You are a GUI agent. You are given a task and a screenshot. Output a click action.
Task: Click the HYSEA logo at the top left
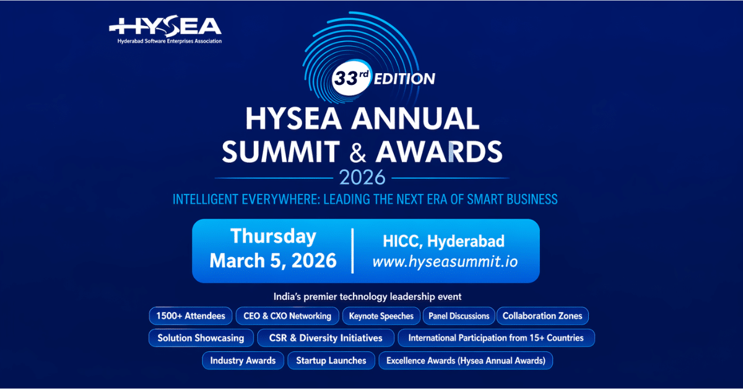click(x=165, y=29)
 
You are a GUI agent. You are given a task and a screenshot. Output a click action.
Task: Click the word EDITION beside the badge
click(x=404, y=79)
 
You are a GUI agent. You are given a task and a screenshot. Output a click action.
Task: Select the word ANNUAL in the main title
click(x=415, y=118)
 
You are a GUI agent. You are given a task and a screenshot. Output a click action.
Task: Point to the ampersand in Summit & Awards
click(x=358, y=152)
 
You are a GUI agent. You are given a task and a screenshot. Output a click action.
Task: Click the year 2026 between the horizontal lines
click(x=362, y=177)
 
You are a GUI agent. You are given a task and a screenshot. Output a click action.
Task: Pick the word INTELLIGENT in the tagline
click(x=206, y=199)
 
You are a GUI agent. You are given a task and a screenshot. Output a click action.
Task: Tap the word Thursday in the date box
click(x=273, y=237)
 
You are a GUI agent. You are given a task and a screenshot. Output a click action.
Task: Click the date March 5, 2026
click(x=273, y=261)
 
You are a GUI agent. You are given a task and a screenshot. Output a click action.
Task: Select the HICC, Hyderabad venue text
click(x=443, y=242)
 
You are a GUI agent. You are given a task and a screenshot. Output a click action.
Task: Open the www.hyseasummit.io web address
click(x=445, y=261)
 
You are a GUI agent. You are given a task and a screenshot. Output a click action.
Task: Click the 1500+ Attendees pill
click(x=191, y=316)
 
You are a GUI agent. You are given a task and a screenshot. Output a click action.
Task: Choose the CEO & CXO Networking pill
click(x=287, y=316)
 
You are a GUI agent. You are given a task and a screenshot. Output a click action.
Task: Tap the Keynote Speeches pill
click(x=381, y=316)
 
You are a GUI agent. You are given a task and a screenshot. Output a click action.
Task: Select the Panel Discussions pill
click(x=459, y=316)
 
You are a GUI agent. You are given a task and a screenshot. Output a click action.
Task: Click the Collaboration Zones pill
click(x=542, y=316)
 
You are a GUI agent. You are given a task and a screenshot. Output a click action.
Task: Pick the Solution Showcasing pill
click(x=201, y=338)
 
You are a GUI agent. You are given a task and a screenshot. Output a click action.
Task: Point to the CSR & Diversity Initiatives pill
click(x=326, y=338)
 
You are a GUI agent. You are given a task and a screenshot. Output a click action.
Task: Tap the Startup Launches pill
click(x=331, y=361)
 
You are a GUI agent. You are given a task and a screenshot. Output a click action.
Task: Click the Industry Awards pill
click(x=243, y=361)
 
